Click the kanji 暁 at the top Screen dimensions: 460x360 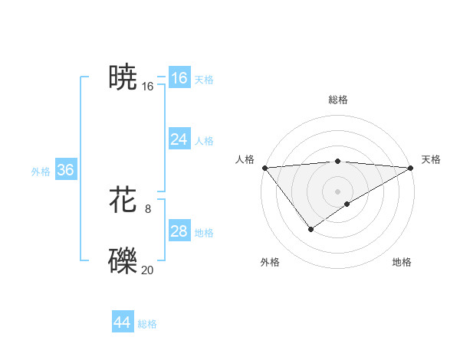click(x=123, y=77)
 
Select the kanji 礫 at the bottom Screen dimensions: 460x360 click(x=123, y=260)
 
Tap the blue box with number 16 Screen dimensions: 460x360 click(x=179, y=78)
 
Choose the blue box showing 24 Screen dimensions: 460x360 click(x=179, y=139)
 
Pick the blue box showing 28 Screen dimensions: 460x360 click(x=179, y=231)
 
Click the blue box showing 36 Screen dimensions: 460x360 click(x=65, y=170)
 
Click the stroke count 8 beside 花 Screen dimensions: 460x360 click(x=148, y=208)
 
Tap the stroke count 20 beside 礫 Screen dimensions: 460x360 click(x=147, y=269)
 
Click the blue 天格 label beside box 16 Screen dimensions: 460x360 click(x=204, y=80)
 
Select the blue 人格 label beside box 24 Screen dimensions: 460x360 click(x=204, y=141)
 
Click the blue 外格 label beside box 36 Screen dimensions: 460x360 click(x=41, y=172)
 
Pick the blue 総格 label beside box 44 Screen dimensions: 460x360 click(x=147, y=324)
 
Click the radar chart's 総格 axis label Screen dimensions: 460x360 click(x=337, y=100)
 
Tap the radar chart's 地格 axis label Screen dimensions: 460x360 click(x=402, y=263)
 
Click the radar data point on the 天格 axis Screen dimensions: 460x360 click(x=411, y=168)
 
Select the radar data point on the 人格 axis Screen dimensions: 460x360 click(x=264, y=168)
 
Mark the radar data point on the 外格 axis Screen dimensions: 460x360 click(x=311, y=228)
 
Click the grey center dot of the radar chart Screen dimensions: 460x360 click(x=337, y=191)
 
